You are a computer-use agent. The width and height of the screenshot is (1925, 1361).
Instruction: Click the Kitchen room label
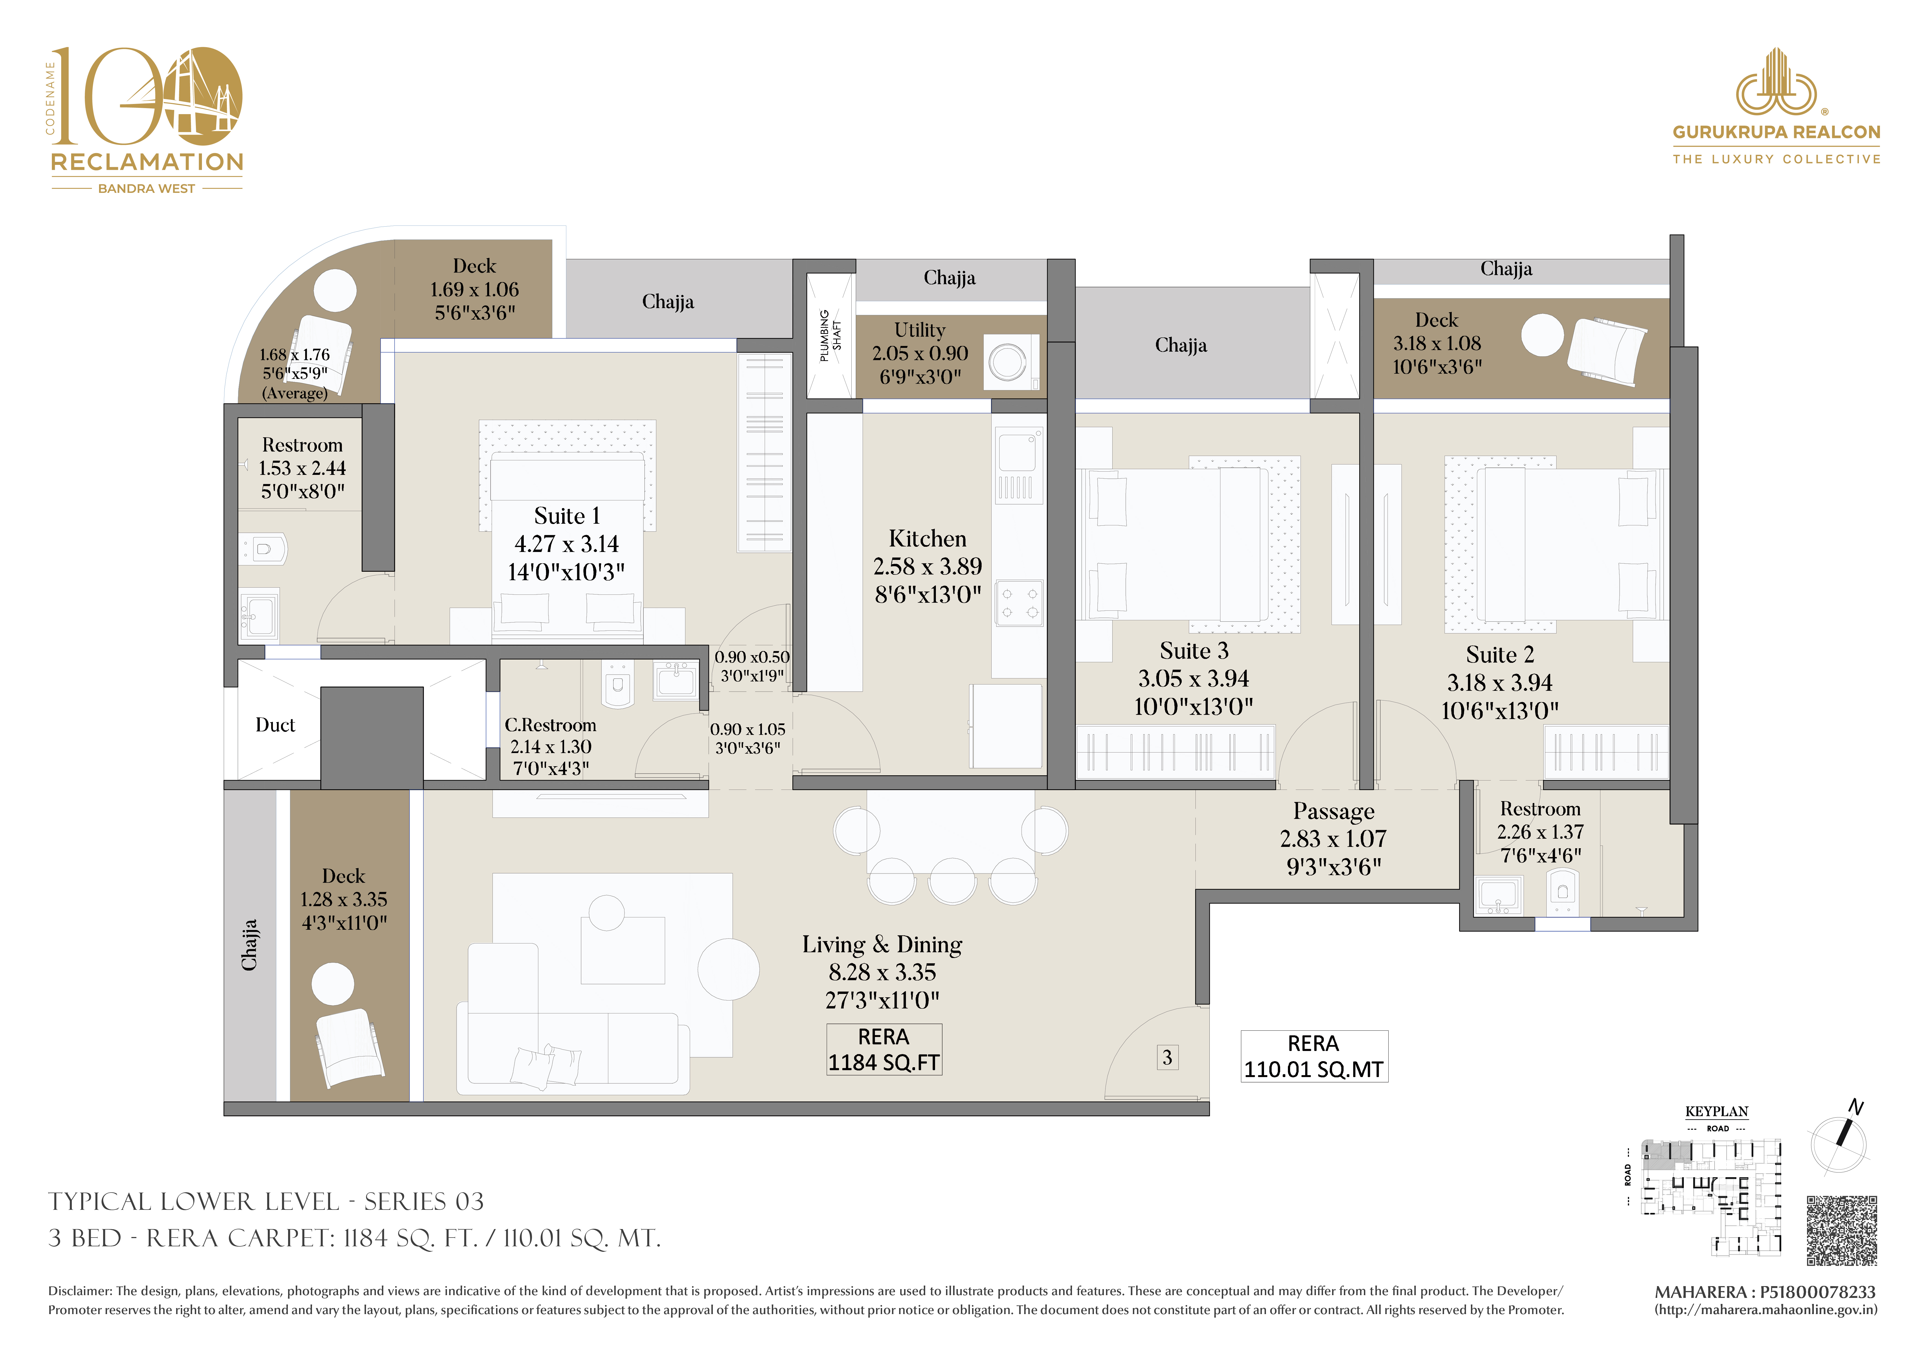tap(927, 538)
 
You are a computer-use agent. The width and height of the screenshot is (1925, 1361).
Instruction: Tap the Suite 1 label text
tap(567, 516)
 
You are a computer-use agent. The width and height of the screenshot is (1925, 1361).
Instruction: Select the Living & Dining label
tap(882, 944)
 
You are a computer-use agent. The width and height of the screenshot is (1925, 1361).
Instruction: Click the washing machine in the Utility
tap(1011, 362)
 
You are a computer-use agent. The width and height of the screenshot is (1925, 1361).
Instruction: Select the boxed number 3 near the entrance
tap(1167, 1057)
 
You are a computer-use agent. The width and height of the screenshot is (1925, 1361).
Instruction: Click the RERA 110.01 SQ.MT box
tap(1314, 1056)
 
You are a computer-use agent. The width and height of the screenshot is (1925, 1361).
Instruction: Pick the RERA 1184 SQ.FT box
tap(884, 1049)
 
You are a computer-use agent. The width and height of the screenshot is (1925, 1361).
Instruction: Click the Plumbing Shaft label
tap(830, 336)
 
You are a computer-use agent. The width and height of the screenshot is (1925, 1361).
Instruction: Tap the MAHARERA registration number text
tap(1765, 1292)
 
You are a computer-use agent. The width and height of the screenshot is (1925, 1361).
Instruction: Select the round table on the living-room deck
tap(333, 984)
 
